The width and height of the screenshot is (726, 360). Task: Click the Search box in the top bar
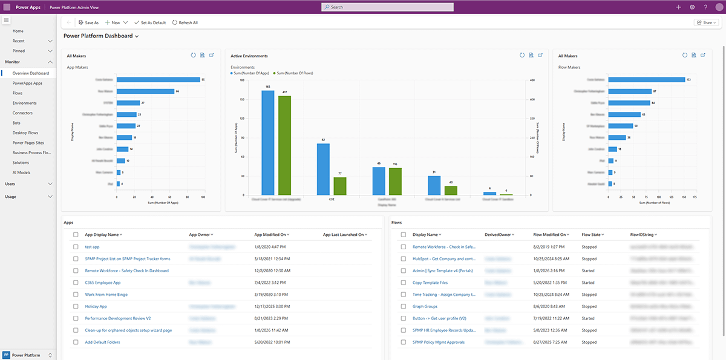point(387,7)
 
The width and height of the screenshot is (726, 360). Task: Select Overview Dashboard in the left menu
point(31,73)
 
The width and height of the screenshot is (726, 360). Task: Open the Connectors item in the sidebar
point(22,113)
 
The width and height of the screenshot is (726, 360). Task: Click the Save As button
point(88,22)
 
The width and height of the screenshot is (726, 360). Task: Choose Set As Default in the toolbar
point(149,22)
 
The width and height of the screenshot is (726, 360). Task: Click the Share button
point(706,22)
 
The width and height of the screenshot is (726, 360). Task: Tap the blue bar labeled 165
point(268,143)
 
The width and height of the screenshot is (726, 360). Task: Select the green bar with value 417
point(284,145)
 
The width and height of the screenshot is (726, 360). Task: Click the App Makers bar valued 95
point(159,79)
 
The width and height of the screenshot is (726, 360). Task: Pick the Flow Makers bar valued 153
point(647,79)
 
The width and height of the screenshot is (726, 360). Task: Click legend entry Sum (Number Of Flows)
point(295,73)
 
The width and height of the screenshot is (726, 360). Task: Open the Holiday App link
point(96,307)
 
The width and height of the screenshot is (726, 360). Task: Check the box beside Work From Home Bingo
point(76,295)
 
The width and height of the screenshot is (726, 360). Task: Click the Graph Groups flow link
point(425,307)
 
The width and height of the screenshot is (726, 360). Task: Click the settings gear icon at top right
point(692,7)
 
